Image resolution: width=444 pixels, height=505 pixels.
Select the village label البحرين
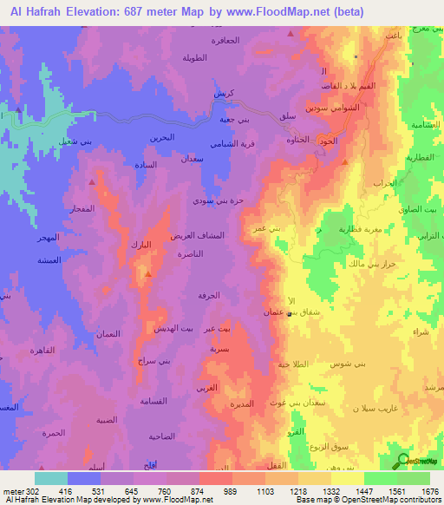[x=160, y=137]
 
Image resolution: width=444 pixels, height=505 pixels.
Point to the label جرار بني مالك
[x=366, y=263]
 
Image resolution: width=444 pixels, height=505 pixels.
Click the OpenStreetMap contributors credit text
[x=391, y=500]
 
